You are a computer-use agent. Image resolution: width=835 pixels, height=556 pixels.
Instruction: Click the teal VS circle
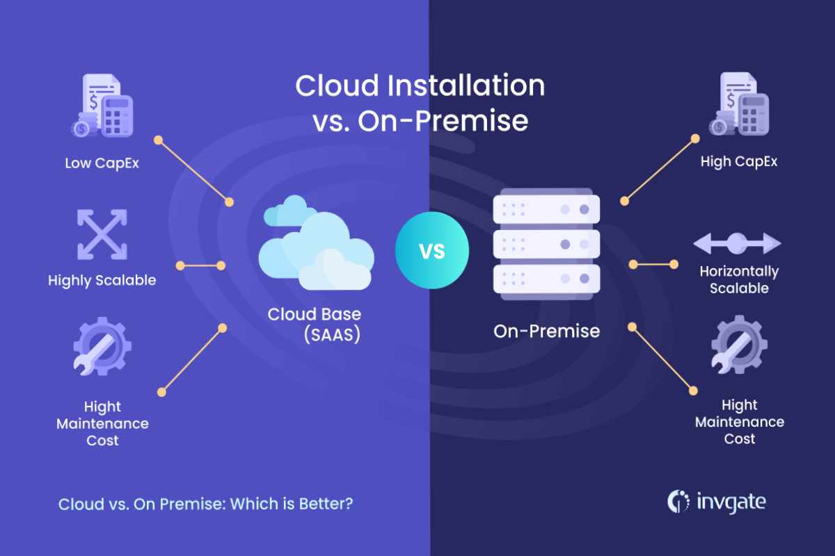pos(432,250)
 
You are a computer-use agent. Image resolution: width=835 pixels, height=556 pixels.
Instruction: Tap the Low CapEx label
pos(102,163)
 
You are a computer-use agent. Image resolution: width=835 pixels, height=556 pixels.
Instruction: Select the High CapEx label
pos(739,162)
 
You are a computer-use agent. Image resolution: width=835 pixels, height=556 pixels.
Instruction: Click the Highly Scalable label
pos(102,280)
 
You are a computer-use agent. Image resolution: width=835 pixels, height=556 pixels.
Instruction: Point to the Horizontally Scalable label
pos(739,279)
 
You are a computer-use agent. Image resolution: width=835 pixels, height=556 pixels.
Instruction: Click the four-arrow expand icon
pos(102,234)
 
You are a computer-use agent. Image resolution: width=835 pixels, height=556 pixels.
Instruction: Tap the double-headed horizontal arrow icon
pos(737,243)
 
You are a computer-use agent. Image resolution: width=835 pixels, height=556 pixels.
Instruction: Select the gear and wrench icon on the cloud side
pos(102,346)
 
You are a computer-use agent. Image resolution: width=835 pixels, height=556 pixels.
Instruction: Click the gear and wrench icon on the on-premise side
pos(739,345)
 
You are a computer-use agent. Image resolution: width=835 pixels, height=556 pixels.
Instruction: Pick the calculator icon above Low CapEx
pos(118,116)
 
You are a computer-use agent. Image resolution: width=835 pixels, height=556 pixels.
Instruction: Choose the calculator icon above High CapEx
pos(754,114)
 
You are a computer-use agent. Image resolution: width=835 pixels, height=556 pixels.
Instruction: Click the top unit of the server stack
pos(546,209)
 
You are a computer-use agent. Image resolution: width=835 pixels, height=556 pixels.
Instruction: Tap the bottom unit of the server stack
pos(546,279)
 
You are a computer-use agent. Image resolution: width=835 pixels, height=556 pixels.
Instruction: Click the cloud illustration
pos(316,243)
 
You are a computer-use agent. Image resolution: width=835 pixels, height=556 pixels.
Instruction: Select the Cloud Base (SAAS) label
pos(315,324)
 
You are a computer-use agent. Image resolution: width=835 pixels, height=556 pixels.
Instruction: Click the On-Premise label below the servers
pos(547,331)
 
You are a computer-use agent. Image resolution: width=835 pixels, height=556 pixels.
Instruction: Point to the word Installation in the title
pos(466,85)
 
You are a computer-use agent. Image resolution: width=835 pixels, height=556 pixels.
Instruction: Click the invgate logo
pos(717,502)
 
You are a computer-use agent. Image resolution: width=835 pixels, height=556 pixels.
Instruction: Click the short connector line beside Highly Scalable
pos(200,265)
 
